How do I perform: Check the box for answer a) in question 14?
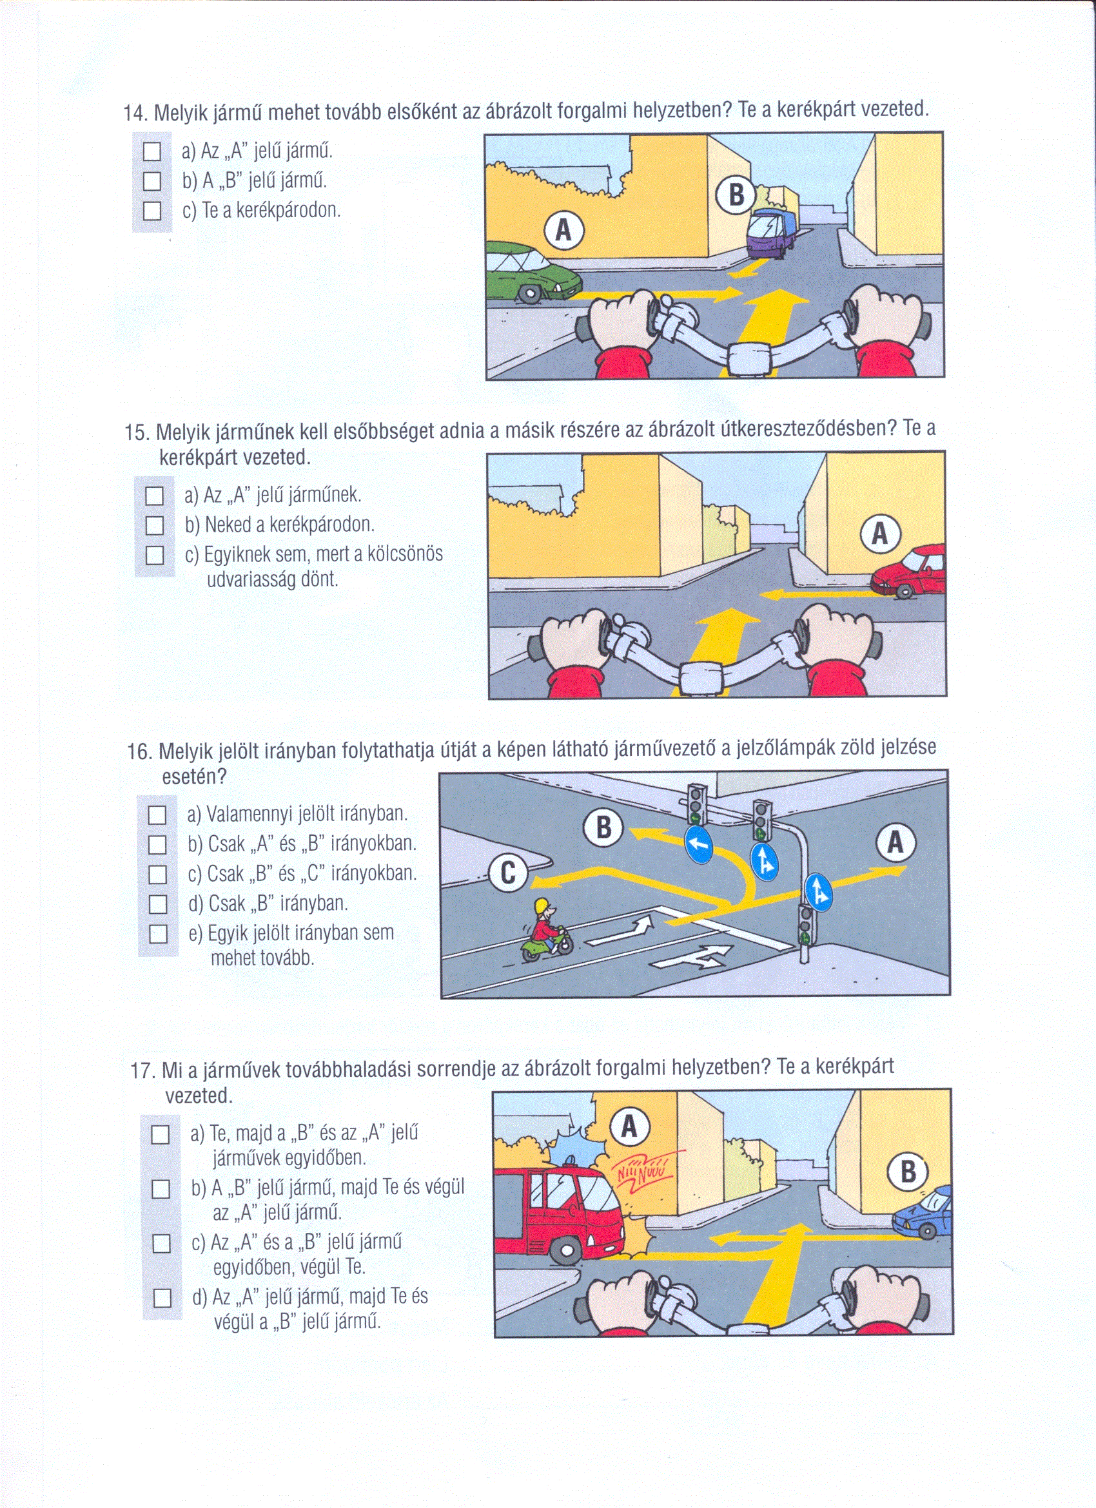pyautogui.click(x=152, y=151)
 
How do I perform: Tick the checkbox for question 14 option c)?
pyautogui.click(x=152, y=211)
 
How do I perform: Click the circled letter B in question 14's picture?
pyautogui.click(x=736, y=195)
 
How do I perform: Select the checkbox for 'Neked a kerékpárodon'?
pyautogui.click(x=154, y=525)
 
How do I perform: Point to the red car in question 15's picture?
pyautogui.click(x=910, y=570)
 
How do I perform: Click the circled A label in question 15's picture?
pyautogui.click(x=881, y=533)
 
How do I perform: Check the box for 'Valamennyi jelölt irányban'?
pyautogui.click(x=157, y=815)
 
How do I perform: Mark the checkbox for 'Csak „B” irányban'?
pyautogui.click(x=157, y=904)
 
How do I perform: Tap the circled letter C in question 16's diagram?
pyautogui.click(x=508, y=873)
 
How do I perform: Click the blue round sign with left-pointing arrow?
pyautogui.click(x=698, y=845)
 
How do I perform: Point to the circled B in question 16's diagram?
pyautogui.click(x=603, y=828)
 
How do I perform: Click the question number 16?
pyautogui.click(x=139, y=752)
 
